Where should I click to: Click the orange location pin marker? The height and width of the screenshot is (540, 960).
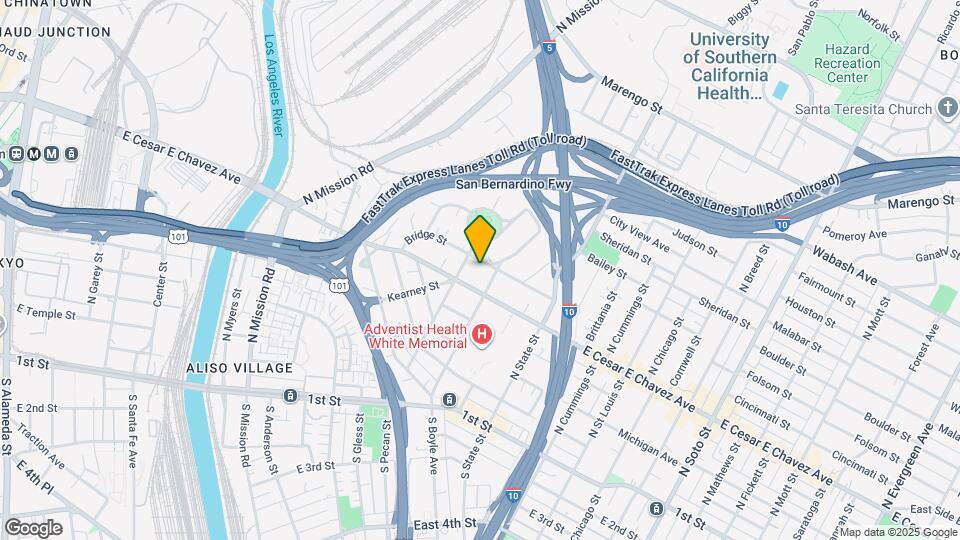tap(481, 238)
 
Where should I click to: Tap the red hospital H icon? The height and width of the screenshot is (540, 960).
tap(483, 334)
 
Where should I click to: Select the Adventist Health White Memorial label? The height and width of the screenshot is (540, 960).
tap(416, 336)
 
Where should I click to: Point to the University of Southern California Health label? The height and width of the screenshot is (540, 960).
tap(730, 66)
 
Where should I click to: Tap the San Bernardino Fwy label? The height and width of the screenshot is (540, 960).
tap(513, 185)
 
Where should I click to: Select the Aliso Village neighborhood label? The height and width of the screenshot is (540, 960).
tap(226, 369)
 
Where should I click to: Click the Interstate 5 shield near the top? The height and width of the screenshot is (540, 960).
tap(549, 47)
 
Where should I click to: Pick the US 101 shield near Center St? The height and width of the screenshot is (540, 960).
tap(178, 237)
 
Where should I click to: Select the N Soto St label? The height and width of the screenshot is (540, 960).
tap(689, 459)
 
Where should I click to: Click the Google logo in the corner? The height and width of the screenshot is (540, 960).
tap(33, 527)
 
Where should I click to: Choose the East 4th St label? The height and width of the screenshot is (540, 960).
tap(444, 524)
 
